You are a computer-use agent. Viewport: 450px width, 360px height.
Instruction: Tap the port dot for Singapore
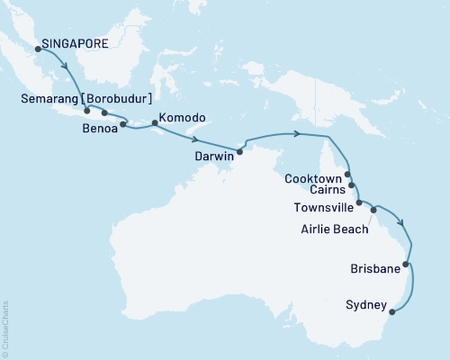38,49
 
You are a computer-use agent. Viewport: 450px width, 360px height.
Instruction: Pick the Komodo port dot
155,124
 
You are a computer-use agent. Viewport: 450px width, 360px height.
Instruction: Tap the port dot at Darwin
239,150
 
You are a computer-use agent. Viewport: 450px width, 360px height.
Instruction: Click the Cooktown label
312,178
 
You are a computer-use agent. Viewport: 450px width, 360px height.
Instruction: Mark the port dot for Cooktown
347,177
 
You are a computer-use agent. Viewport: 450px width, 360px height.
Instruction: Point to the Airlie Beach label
333,229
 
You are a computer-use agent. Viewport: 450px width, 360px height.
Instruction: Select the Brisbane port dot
407,265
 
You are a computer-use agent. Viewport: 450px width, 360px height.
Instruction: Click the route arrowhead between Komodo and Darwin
195,139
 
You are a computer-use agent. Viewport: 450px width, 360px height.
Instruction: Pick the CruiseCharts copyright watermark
4,325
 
